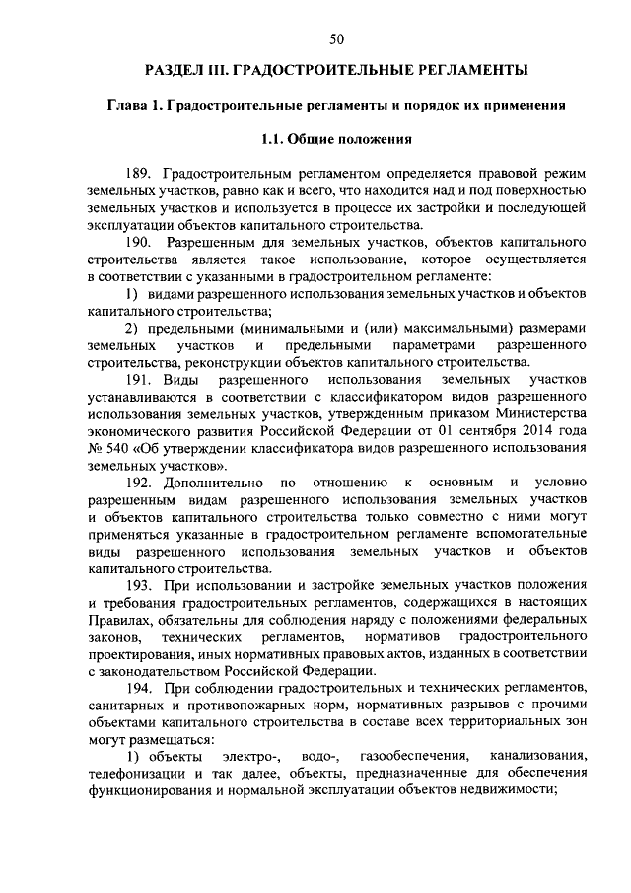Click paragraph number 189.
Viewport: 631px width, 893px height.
pos(140,173)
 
